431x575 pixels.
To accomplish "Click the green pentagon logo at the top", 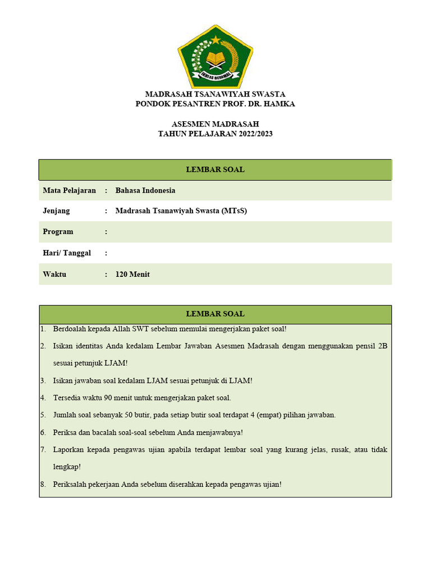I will [x=215, y=56].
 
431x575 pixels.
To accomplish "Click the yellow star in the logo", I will [x=216, y=39].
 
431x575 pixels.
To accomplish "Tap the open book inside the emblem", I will [x=215, y=58].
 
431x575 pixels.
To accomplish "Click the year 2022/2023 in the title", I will [x=250, y=134].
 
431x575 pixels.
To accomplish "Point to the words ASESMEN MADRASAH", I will [x=215, y=124].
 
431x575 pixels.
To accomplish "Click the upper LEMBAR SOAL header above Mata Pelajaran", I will [x=215, y=170].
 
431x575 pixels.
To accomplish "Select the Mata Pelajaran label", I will [x=69, y=190].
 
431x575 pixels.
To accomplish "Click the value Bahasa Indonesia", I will [x=145, y=190].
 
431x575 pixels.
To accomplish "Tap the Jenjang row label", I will [x=56, y=211].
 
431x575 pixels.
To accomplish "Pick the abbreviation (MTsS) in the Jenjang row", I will [x=234, y=211].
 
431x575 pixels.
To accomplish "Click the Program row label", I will [x=58, y=231].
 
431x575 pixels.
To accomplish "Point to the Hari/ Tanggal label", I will [x=67, y=253].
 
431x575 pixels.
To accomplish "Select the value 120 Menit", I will [x=132, y=275].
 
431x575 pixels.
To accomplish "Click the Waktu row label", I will [x=54, y=275].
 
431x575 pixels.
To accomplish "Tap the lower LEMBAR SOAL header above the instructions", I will [x=215, y=314].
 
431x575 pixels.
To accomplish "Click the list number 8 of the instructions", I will [x=43, y=484].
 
